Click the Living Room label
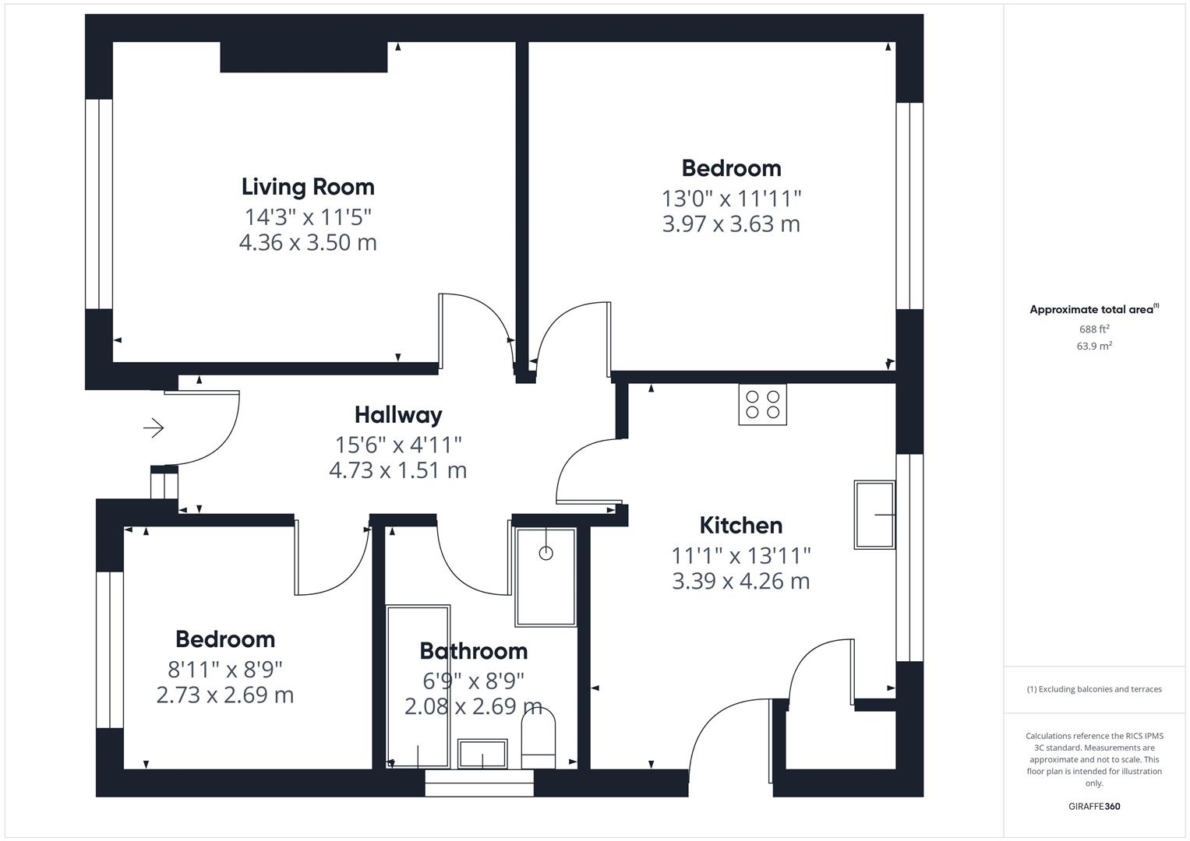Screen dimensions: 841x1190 [x=308, y=187]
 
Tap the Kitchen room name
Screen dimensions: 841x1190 [x=740, y=526]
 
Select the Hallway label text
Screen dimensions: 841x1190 [x=398, y=415]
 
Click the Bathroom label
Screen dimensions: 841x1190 [x=473, y=651]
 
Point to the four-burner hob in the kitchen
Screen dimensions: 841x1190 [x=762, y=404]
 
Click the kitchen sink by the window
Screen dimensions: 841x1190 [x=874, y=515]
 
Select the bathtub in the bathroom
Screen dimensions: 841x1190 [x=418, y=685]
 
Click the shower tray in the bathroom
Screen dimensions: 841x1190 [x=546, y=577]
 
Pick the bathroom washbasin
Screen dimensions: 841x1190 [x=482, y=753]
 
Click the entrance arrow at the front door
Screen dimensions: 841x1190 [x=154, y=428]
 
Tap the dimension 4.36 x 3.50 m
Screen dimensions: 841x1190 [x=308, y=242]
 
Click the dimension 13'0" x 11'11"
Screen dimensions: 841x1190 [x=731, y=199]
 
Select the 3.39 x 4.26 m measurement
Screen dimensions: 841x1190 [x=740, y=581]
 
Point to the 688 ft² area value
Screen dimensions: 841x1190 [x=1094, y=329]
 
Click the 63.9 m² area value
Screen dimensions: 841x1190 [x=1094, y=346]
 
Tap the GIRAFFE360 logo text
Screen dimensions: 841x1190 [x=1094, y=807]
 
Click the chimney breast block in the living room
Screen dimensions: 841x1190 [x=303, y=57]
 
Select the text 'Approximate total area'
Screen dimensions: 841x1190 [x=1091, y=310]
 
